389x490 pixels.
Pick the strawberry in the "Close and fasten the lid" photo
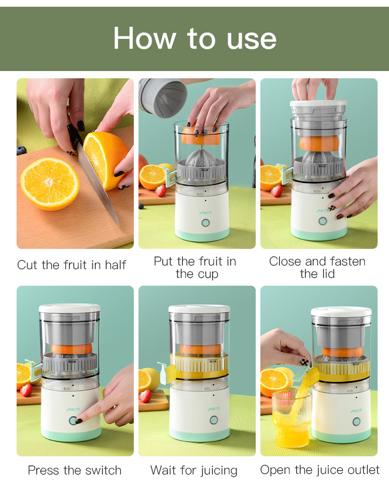(276, 191)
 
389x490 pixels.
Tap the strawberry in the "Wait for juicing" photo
(146, 396)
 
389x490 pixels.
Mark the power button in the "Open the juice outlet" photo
(356, 422)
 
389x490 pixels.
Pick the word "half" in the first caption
(115, 265)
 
